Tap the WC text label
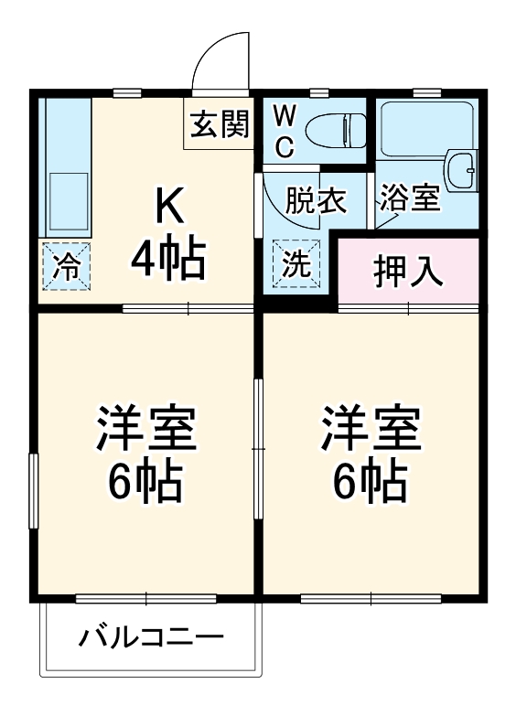[x=284, y=131]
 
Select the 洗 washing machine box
[x=296, y=263]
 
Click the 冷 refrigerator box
[x=66, y=266]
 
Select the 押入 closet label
[x=408, y=272]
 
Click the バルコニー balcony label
[x=151, y=636]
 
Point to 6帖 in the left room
[x=146, y=482]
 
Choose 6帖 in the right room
[x=371, y=482]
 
